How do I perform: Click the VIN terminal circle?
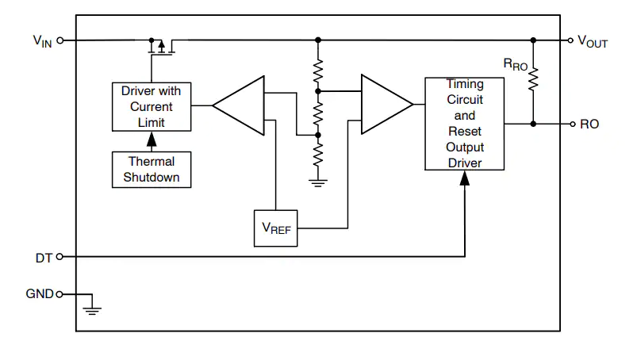[x=60, y=40]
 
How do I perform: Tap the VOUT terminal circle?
[x=570, y=40]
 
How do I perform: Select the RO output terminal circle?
[x=573, y=124]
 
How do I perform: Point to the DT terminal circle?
[x=59, y=256]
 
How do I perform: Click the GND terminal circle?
[x=59, y=294]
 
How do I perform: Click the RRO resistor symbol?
[x=533, y=79]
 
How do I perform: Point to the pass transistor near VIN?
[x=162, y=46]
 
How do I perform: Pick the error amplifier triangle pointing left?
[x=239, y=105]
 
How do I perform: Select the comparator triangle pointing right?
[x=387, y=105]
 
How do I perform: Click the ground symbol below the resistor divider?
[x=318, y=182]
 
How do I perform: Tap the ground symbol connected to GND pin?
[x=92, y=312]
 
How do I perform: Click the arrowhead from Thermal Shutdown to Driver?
[x=152, y=140]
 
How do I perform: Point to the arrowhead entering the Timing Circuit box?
[x=465, y=178]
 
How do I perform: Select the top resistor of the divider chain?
[x=318, y=71]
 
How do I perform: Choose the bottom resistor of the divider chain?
[x=318, y=154]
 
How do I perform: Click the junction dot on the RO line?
[x=533, y=124]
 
